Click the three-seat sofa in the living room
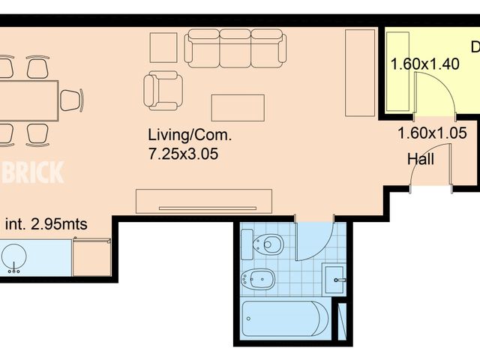[x=236, y=47]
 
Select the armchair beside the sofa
[x=163, y=90]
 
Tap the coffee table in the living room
[x=238, y=107]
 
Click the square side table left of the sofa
[x=163, y=47]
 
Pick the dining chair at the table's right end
[x=71, y=100]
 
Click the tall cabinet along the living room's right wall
[x=360, y=73]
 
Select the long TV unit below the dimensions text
[x=203, y=201]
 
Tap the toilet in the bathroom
[x=265, y=244]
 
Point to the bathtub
[x=285, y=319]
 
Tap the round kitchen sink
[x=13, y=256]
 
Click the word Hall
[x=421, y=159]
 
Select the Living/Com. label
[x=190, y=136]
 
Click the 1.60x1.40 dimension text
[x=424, y=64]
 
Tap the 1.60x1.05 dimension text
[x=433, y=134]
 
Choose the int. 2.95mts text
[x=46, y=223]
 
